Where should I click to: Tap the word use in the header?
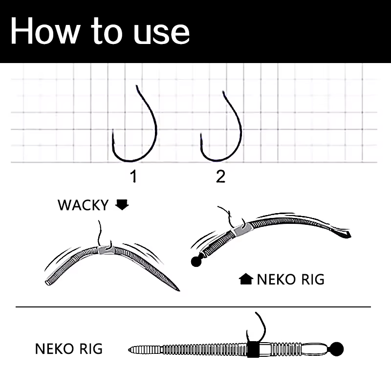coord(162,34)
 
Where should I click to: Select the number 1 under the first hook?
coord(134,176)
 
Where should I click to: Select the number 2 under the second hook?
coord(221,176)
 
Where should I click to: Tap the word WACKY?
coord(83,205)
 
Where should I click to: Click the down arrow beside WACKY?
coord(122,205)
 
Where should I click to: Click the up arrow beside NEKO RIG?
coord(246,279)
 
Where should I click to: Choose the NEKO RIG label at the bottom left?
coord(69,348)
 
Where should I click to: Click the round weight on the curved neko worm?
coord(196,261)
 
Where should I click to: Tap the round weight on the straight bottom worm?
coord(337,349)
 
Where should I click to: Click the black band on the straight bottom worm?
coord(253,349)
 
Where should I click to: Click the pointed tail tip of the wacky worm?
coord(179,290)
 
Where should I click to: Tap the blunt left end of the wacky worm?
coord(47,283)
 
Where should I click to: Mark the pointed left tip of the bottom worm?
coord(129,350)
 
